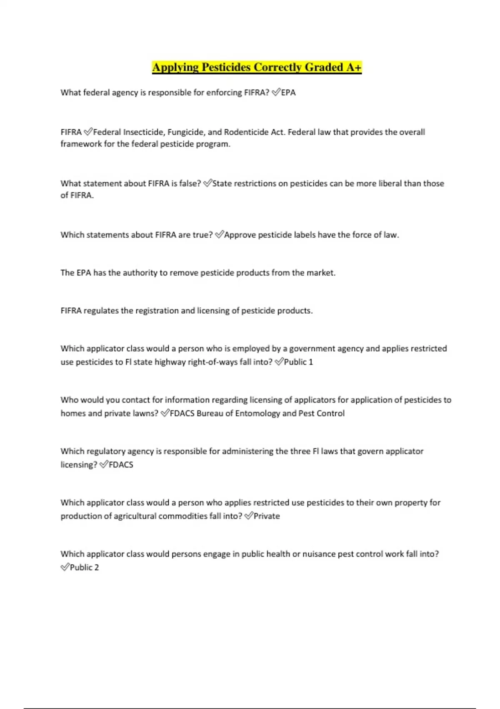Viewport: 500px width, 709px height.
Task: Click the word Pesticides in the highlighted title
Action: (x=226, y=67)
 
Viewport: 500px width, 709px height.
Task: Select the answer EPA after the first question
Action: (x=288, y=93)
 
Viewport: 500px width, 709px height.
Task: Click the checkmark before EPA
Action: (x=276, y=93)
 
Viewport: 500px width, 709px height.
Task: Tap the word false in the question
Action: (x=190, y=184)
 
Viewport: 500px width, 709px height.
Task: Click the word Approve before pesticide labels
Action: (x=240, y=235)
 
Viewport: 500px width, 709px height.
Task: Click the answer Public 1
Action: (x=298, y=362)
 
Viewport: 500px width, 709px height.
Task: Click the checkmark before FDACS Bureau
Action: (x=165, y=413)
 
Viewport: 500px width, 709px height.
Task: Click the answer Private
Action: (x=267, y=516)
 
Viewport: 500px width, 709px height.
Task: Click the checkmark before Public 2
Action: (x=65, y=567)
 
